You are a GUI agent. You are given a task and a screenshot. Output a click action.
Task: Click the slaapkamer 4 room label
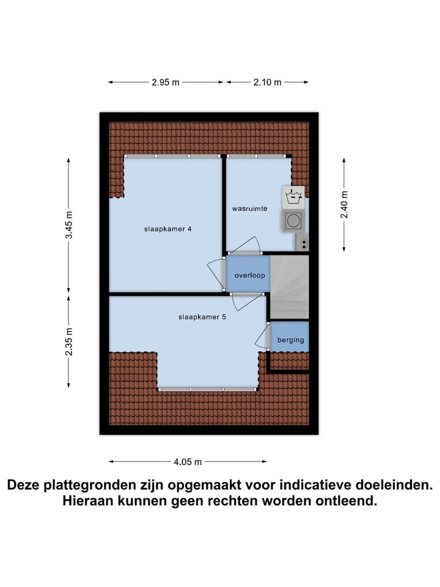(168, 229)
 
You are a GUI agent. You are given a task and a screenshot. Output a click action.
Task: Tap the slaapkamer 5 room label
(202, 317)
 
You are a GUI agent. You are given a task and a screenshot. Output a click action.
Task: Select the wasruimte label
(249, 209)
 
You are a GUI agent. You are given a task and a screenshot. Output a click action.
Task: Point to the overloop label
(249, 276)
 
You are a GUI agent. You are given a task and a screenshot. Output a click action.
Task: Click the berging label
(290, 340)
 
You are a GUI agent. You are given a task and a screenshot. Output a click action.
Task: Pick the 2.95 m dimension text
(166, 83)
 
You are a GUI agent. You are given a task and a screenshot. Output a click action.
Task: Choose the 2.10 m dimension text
(267, 83)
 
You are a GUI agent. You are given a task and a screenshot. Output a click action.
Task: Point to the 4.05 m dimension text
(187, 462)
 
